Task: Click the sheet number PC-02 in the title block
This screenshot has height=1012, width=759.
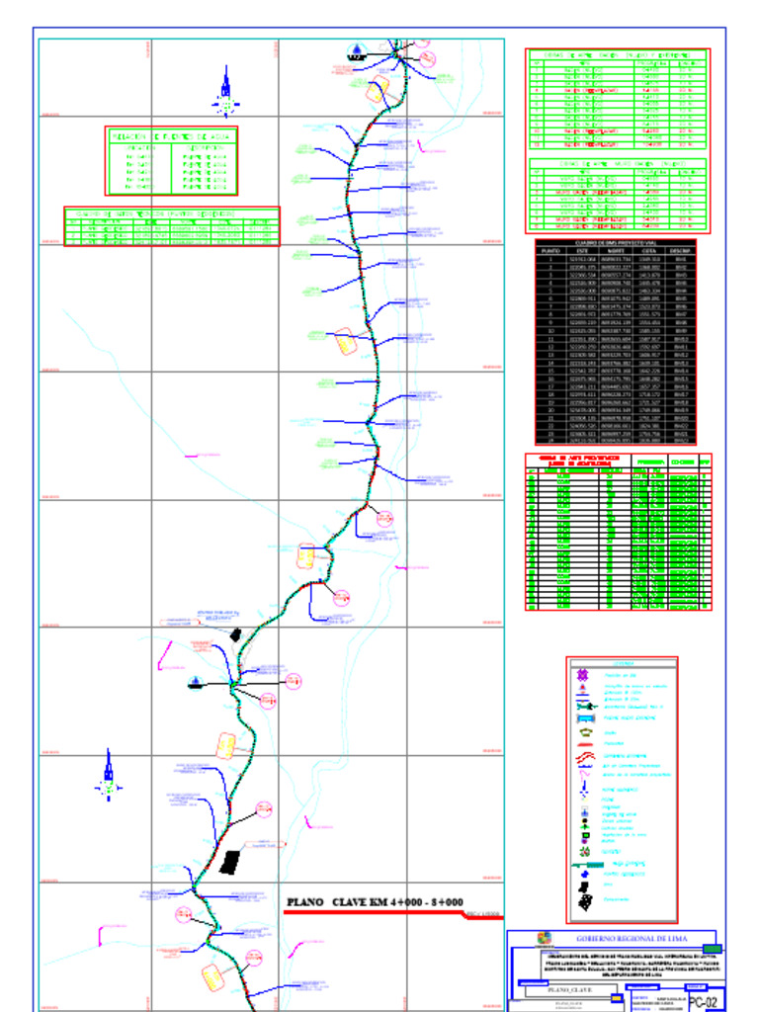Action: tap(703, 1001)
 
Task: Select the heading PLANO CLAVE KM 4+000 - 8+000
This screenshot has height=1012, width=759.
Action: tap(375, 901)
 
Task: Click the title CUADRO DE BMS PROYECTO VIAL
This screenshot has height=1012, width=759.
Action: tap(615, 243)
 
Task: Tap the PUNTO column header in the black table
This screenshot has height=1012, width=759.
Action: tap(549, 251)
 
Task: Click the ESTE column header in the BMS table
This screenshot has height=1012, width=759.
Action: tap(581, 251)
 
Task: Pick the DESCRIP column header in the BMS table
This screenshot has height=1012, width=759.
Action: tap(680, 251)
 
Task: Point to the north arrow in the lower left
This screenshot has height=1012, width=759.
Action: tap(109, 776)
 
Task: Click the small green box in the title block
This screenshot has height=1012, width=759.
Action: tap(712, 949)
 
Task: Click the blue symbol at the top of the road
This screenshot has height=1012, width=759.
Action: tap(356, 51)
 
